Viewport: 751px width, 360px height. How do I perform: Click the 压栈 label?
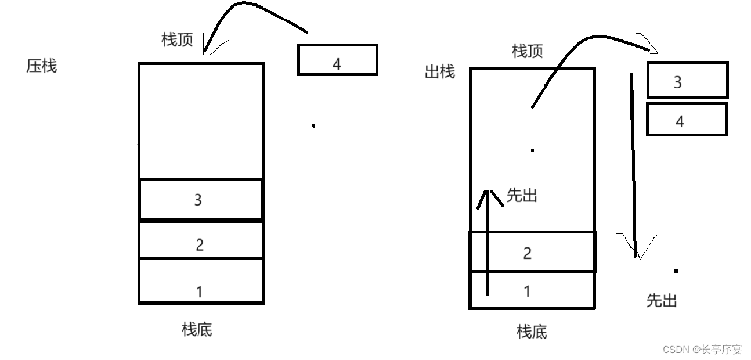[42, 66]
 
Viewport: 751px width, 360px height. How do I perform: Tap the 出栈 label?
[440, 73]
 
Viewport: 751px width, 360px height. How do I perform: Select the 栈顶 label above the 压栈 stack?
[177, 40]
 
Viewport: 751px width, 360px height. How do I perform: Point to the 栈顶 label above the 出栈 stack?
[528, 52]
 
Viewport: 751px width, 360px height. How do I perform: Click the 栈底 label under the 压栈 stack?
[197, 330]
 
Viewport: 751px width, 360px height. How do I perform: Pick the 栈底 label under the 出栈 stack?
[532, 332]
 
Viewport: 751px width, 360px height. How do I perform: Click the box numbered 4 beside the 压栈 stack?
[337, 60]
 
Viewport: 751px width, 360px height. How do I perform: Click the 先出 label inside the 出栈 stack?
[522, 196]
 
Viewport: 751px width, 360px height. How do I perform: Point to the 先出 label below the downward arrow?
[662, 301]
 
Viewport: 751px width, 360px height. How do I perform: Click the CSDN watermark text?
[702, 350]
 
